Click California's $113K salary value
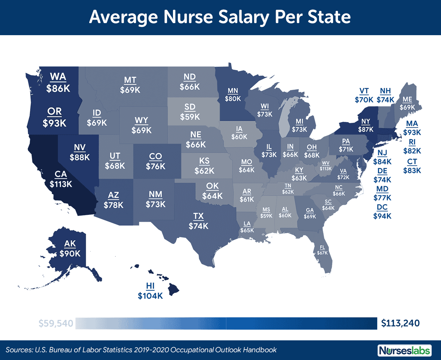click(61, 184)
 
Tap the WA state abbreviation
click(58, 77)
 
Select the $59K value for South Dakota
click(190, 117)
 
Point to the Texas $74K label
click(198, 226)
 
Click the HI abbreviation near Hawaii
click(150, 286)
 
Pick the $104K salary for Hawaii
click(150, 296)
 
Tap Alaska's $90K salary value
click(70, 254)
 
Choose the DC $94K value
click(382, 216)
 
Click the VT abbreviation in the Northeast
click(364, 91)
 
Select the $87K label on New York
click(366, 130)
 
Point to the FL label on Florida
click(322, 247)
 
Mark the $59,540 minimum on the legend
click(56, 323)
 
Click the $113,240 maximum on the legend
click(400, 323)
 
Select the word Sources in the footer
click(19, 350)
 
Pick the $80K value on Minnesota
click(233, 99)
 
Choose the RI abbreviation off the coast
click(412, 142)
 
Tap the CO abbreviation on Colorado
click(155, 156)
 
